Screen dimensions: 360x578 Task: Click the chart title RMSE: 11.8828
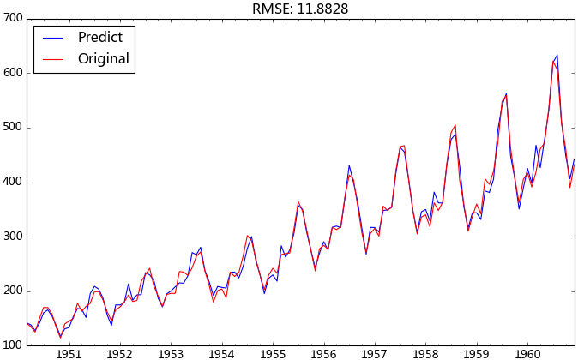(299, 9)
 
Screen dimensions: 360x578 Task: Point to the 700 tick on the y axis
(12, 19)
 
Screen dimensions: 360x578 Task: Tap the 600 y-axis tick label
(12, 73)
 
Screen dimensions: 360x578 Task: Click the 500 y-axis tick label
(12, 128)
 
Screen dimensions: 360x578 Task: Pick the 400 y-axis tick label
(12, 183)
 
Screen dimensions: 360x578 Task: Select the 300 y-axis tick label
(12, 237)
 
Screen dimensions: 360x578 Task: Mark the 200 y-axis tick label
(12, 291)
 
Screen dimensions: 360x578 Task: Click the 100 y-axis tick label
(12, 345)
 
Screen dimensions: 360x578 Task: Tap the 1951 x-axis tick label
(69, 353)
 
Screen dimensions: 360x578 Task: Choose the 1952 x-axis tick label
(119, 353)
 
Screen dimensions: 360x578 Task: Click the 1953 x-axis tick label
(171, 353)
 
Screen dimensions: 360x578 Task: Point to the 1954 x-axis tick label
(221, 353)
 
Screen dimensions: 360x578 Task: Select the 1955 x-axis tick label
(273, 353)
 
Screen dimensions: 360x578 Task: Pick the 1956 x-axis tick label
(323, 353)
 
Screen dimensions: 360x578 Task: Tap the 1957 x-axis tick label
(375, 353)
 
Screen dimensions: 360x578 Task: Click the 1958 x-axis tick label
(425, 353)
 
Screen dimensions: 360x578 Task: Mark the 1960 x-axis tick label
(527, 353)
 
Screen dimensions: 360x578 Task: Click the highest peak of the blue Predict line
(557, 55)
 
